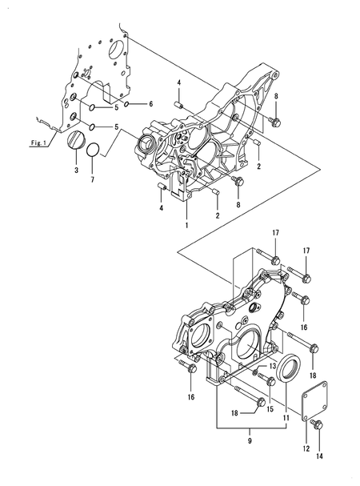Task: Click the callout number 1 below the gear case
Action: coord(187,227)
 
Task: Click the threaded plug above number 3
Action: coord(76,142)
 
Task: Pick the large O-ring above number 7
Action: coord(93,150)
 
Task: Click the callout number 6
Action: coord(150,104)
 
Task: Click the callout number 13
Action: coord(272,365)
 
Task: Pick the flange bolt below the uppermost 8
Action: coord(275,122)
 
